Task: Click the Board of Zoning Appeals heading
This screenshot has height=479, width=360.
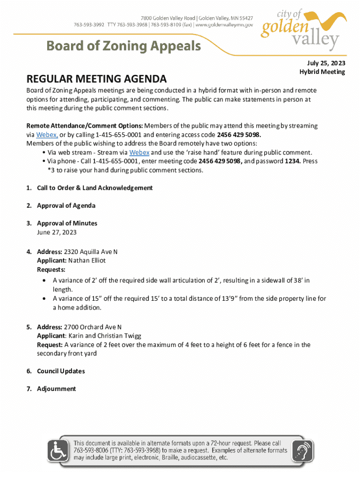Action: pyautogui.click(x=123, y=46)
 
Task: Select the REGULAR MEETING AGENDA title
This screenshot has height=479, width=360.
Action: pyautogui.click(x=96, y=78)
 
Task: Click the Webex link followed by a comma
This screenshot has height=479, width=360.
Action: pyautogui.click(x=47, y=135)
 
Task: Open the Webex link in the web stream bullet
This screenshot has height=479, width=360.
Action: pyautogui.click(x=139, y=152)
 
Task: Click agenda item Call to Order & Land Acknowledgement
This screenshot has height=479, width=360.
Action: pyautogui.click(x=94, y=188)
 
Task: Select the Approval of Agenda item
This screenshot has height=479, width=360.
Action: pyautogui.click(x=66, y=205)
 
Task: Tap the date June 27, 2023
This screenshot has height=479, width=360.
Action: pyautogui.click(x=57, y=232)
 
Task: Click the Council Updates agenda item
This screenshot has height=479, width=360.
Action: pyautogui.click(x=61, y=371)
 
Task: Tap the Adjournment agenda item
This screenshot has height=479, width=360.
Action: pyautogui.click(x=56, y=389)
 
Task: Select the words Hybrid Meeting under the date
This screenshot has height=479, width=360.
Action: pyautogui.click(x=322, y=72)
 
